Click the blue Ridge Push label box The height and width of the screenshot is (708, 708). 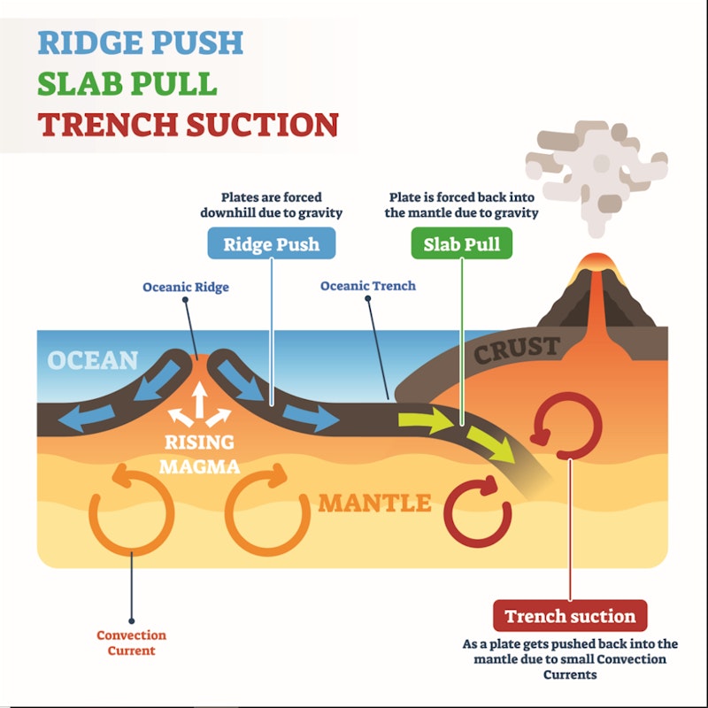[270, 243]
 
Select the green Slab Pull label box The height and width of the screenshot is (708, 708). [462, 243]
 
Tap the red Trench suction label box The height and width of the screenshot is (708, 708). [569, 616]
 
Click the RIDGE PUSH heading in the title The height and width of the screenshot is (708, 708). [140, 42]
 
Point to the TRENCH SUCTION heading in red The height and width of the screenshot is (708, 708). [188, 124]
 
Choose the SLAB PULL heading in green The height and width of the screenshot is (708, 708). [127, 83]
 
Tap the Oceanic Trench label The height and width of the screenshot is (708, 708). [367, 286]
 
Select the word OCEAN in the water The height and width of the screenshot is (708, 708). [93, 360]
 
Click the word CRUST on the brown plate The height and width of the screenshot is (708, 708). [518, 350]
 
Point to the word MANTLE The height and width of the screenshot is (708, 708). [374, 504]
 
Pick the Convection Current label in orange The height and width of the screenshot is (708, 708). [131, 643]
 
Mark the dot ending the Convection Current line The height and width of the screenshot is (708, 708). [131, 620]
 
